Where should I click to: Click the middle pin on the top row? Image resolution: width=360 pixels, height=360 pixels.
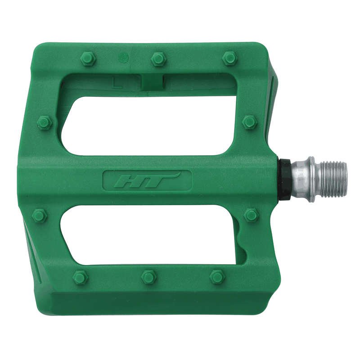158,58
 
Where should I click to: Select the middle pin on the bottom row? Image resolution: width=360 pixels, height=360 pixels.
148,276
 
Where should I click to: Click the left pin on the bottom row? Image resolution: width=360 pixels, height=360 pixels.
80,277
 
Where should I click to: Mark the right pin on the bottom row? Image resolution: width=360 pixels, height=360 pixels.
217,276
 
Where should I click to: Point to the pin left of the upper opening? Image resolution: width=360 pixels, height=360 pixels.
45,122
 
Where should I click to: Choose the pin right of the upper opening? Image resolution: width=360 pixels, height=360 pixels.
249,121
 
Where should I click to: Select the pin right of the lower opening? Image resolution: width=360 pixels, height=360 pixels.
251,215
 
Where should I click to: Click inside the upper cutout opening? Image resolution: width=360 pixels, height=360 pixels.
148,121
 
